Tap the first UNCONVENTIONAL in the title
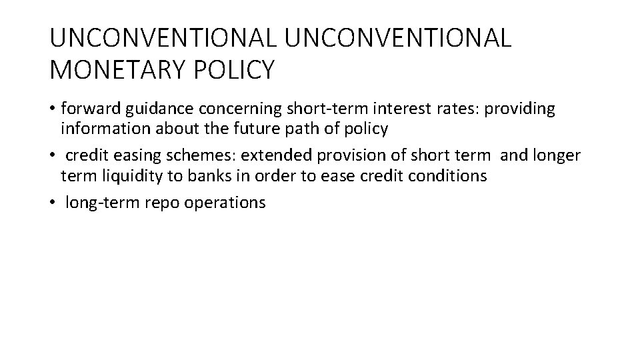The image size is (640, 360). (163, 38)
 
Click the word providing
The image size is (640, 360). (519, 109)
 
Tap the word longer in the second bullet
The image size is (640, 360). (555, 156)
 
